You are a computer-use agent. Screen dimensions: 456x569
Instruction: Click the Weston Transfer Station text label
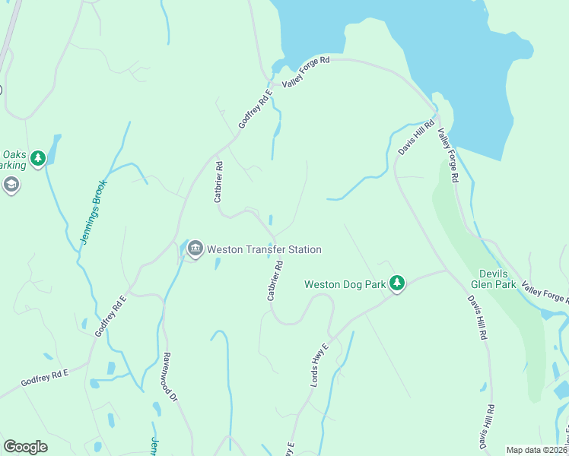[x=264, y=249]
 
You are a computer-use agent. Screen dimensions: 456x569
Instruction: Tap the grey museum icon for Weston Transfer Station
[x=195, y=249]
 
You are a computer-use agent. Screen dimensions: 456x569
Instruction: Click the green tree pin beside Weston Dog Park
[x=396, y=283]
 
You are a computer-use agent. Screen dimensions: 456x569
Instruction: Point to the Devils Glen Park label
[x=498, y=279]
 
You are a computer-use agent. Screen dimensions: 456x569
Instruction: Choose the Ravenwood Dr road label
[x=170, y=376]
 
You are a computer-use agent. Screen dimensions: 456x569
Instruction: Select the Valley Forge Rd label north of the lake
[x=306, y=72]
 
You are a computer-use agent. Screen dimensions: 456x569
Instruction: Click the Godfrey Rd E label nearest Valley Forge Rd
[x=255, y=109]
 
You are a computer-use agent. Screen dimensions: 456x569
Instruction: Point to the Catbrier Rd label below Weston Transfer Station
[x=275, y=281]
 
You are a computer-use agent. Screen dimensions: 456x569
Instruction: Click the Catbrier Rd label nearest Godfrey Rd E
[x=218, y=182]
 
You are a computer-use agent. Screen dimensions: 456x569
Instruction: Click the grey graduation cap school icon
[x=11, y=185]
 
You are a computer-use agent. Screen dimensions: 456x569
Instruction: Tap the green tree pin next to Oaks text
[x=37, y=158]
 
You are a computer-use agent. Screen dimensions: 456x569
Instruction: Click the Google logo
[x=25, y=447]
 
